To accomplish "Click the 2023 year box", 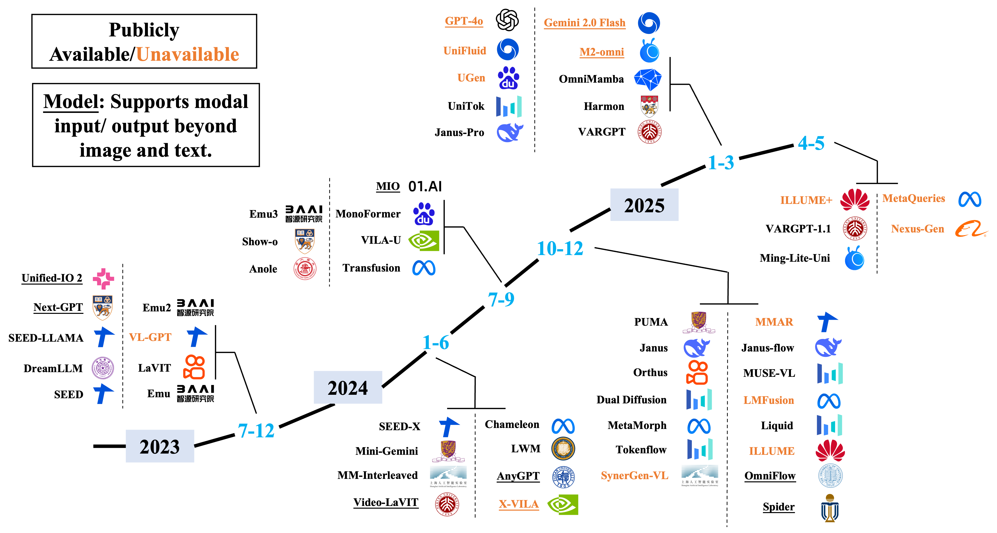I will click(160, 446).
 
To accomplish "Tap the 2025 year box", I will click(644, 205).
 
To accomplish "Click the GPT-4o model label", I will click(464, 21).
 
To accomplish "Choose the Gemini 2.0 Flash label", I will click(585, 23).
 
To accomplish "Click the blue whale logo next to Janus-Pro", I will click(509, 133).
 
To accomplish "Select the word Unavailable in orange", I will click(188, 54).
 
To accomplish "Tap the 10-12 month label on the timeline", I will click(560, 248).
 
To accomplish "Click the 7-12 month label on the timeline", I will click(256, 430).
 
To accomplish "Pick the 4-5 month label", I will click(811, 143).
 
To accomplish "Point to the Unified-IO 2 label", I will click(52, 278).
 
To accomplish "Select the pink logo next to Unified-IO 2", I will click(103, 278).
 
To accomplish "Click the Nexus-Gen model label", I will click(917, 229).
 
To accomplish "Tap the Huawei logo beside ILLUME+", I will click(855, 199).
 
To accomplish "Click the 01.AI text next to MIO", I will click(425, 186).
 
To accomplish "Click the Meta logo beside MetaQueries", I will click(969, 199).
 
